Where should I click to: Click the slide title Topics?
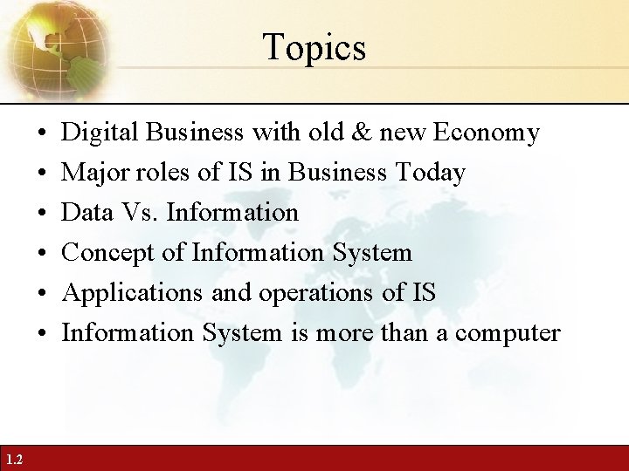pyautogui.click(x=314, y=47)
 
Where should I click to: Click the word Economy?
pyautogui.click(x=486, y=133)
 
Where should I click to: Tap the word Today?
pyautogui.click(x=429, y=173)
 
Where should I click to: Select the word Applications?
pyautogui.click(x=134, y=293)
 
